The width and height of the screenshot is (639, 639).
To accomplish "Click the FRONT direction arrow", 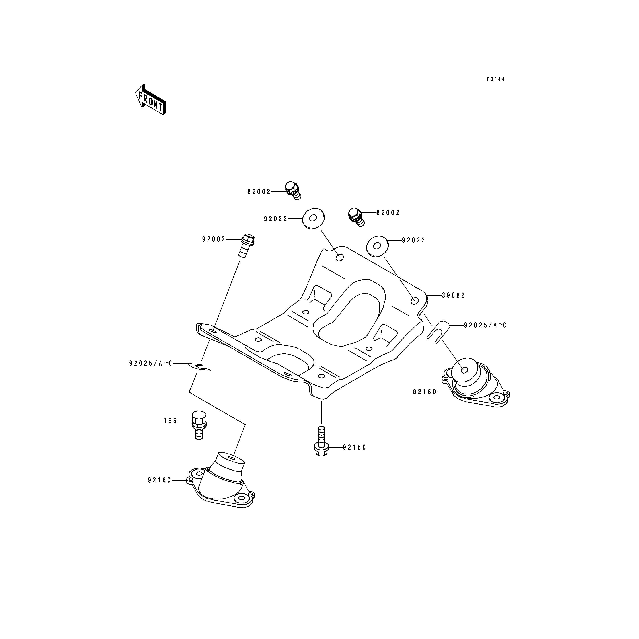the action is point(150,99).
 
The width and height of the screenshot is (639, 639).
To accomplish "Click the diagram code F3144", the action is point(496,79).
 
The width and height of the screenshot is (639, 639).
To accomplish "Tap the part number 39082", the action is point(454,295).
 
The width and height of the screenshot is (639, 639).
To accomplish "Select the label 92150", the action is point(355,448).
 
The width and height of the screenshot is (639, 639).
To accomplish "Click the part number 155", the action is point(170,421).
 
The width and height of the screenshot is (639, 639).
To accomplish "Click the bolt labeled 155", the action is point(199,425).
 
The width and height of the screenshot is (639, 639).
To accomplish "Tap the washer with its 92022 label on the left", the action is point(313,218).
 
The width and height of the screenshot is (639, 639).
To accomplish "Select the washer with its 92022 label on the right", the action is point(377,246).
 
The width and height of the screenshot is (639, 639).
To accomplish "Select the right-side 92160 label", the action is point(425,392).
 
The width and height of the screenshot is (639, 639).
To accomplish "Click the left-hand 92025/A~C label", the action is point(150,364).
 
